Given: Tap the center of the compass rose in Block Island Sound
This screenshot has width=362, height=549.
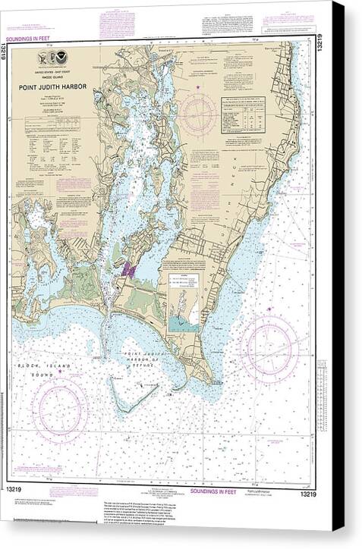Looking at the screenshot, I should (59, 410).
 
